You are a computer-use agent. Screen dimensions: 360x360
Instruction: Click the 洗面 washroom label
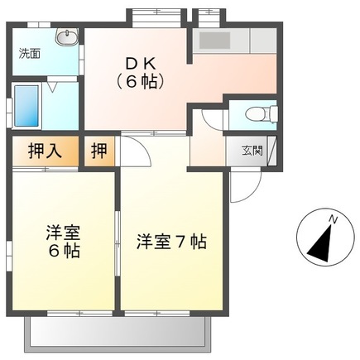click(30, 54)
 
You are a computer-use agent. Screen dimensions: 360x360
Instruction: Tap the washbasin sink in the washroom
click(66, 38)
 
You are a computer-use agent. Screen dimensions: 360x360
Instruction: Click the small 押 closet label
click(98, 151)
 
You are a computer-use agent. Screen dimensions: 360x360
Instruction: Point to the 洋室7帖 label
click(171, 242)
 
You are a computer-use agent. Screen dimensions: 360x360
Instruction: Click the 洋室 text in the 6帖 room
click(62, 231)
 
